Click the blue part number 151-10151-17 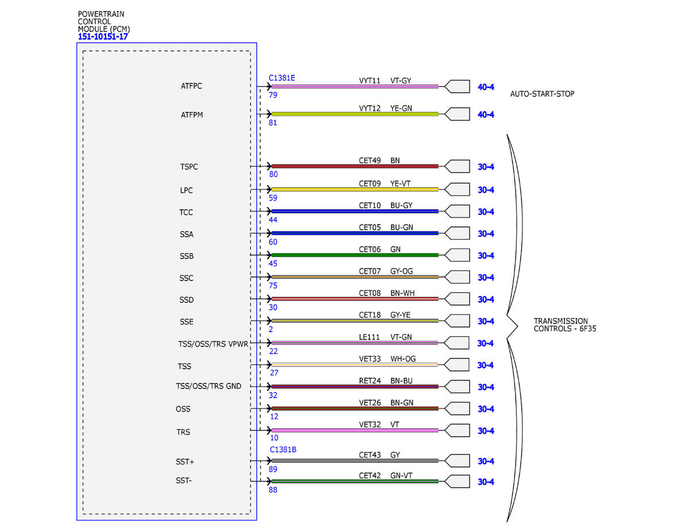(103, 37)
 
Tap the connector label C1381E (281, 78)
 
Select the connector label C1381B (283, 449)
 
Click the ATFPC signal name (191, 86)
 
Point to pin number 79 (273, 95)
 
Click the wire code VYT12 (369, 108)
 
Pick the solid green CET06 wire (355, 255)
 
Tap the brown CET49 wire (355, 166)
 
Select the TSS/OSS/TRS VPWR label (213, 344)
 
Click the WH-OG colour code (402, 359)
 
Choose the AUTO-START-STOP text (542, 94)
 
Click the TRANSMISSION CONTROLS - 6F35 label (565, 325)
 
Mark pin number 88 (273, 490)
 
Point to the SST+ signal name (185, 462)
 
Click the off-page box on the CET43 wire (457, 461)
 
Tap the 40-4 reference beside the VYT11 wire (486, 87)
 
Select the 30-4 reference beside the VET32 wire (486, 431)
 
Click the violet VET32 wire (355, 430)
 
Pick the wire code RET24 (369, 381)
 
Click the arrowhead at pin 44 (269, 211)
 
